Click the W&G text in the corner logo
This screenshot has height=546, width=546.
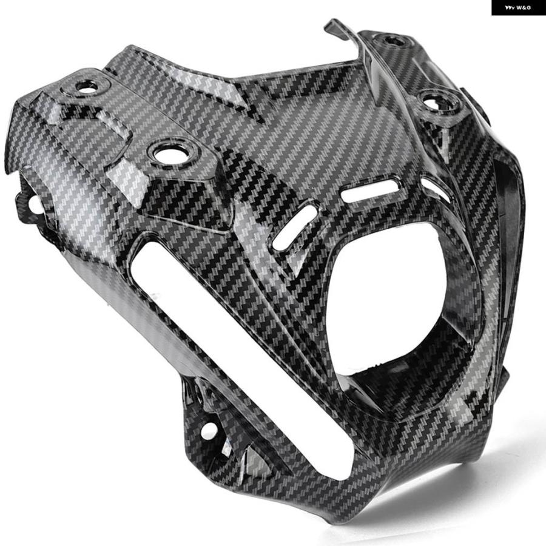[524, 8]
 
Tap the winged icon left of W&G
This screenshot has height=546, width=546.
[510, 8]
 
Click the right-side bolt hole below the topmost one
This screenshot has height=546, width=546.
[434, 103]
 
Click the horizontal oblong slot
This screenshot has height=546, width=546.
[369, 191]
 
